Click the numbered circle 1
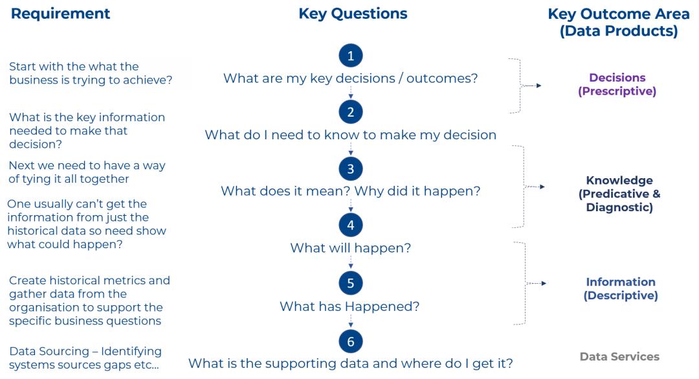tap(351, 55)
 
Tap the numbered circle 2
tap(351, 111)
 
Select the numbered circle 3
tap(351, 168)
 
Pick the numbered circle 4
tap(351, 225)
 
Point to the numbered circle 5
tap(351, 283)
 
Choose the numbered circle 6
tap(351, 341)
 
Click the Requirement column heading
tap(61, 14)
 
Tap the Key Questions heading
tap(353, 14)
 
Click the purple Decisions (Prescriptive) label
tap(617, 84)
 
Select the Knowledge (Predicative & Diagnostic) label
tap(619, 194)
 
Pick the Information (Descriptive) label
tap(621, 289)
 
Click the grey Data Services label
tap(619, 357)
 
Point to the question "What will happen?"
tap(351, 247)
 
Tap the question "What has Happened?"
tap(349, 306)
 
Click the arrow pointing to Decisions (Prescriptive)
tap(531, 86)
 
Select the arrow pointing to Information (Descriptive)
tap(537, 283)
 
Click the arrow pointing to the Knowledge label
tap(535, 187)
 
